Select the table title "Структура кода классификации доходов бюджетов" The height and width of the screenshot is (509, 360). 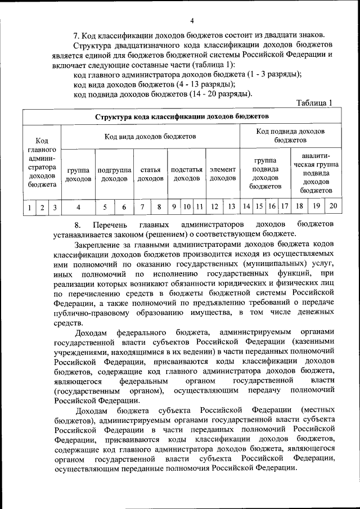pyautogui.click(x=182, y=116)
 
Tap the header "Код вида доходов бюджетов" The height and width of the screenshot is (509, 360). pyautogui.click(x=150, y=136)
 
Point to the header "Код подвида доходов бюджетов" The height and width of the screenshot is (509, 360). pyautogui.click(x=290, y=135)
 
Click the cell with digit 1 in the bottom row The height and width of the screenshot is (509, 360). pyautogui.click(x=29, y=208)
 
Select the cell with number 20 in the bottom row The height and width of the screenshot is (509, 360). pyautogui.click(x=334, y=206)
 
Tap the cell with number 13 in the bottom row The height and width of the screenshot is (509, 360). pyautogui.click(x=231, y=207)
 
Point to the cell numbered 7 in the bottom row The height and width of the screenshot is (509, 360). pyautogui.click(x=143, y=207)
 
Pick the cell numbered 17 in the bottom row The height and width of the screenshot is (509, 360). pyautogui.click(x=285, y=207)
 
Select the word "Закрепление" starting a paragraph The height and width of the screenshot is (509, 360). pyautogui.click(x=102, y=244)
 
